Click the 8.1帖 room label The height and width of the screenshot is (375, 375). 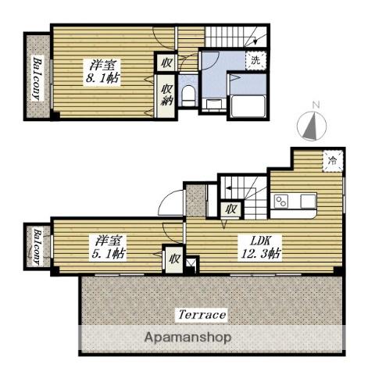tap(102, 71)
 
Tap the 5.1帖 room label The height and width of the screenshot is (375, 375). tap(109, 248)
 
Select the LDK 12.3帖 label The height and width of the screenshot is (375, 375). tap(260, 248)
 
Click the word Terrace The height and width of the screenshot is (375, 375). tap(202, 315)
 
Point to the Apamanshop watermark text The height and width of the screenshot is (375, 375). tap(187, 337)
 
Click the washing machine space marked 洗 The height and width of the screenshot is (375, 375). tap(255, 61)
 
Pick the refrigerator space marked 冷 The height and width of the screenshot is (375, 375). tap(333, 161)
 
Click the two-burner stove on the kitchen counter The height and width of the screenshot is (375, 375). tap(281, 202)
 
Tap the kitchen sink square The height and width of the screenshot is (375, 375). tap(308, 202)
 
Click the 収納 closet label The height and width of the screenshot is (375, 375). tap(166, 95)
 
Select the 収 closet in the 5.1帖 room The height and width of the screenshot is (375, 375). tap(174, 259)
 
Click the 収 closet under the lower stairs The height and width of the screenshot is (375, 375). tap(231, 209)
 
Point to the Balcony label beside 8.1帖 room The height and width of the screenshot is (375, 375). tap(37, 79)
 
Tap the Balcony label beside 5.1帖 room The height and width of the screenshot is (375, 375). tap(37, 247)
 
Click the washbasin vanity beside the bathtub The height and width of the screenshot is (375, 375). tap(214, 105)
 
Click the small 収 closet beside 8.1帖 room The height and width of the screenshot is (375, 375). tap(166, 62)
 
